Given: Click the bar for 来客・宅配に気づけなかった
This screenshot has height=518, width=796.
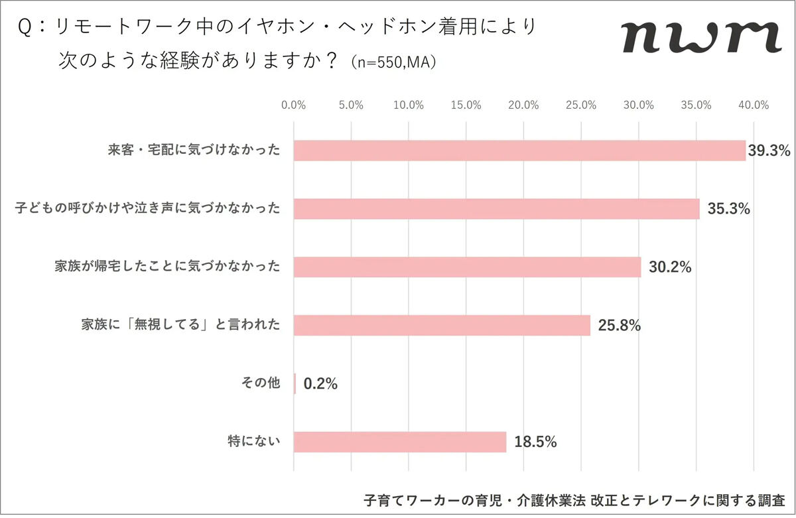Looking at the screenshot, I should tap(519, 151).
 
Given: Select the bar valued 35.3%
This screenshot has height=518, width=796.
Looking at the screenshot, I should tap(496, 209).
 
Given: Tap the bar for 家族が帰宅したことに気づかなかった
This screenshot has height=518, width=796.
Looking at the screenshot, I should tap(467, 267).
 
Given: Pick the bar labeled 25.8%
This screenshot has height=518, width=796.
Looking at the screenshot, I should tap(442, 326).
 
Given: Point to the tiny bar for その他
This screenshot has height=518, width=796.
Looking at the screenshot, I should tap(295, 383).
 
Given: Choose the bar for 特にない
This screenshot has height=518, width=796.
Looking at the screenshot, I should tap(399, 442).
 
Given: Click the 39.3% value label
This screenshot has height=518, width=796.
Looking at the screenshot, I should tap(769, 151).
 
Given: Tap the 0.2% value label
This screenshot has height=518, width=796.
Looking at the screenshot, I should tap(321, 383).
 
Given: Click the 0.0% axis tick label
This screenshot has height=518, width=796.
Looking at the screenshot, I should tap(293, 105).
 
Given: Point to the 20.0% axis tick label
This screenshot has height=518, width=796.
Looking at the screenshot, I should tap(523, 105).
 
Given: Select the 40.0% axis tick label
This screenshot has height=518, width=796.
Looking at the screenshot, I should tap(754, 105).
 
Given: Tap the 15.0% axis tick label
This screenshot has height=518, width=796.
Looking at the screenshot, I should tap(466, 105).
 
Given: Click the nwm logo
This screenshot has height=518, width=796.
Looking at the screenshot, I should tap(701, 38).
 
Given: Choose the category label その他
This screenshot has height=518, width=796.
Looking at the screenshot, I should tap(261, 383).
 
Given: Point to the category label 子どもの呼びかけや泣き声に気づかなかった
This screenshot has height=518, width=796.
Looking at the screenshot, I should tap(148, 209).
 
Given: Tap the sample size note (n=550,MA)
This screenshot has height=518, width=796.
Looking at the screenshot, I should tap(395, 63).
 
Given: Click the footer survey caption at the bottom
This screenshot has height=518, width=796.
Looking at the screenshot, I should tap(574, 499).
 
